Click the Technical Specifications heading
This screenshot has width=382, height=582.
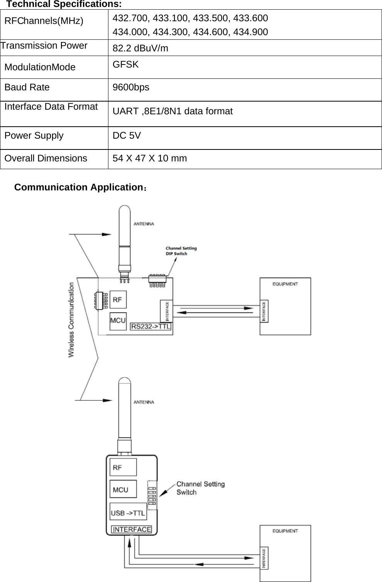point(64,4)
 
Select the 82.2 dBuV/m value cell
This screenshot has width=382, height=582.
point(140,48)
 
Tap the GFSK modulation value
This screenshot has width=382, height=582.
point(125,64)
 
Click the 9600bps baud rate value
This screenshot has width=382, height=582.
point(131,87)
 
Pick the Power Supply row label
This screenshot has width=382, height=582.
point(34,136)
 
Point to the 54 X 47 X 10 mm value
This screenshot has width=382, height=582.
point(150,158)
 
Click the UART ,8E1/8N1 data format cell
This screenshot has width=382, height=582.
point(172,112)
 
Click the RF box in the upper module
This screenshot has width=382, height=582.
point(118,299)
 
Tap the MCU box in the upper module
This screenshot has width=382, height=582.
point(118,321)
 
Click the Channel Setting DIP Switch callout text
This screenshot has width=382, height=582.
point(181,251)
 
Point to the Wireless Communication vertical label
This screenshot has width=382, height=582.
point(71,319)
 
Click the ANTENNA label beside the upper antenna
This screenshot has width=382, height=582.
point(144,224)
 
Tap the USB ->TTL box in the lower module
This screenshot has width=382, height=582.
point(128,513)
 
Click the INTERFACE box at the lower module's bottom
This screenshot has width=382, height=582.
point(132,529)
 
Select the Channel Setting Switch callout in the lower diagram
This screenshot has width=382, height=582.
point(200,488)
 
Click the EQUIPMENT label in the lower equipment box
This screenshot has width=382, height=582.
point(285,531)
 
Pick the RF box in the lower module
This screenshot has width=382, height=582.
point(123,467)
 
